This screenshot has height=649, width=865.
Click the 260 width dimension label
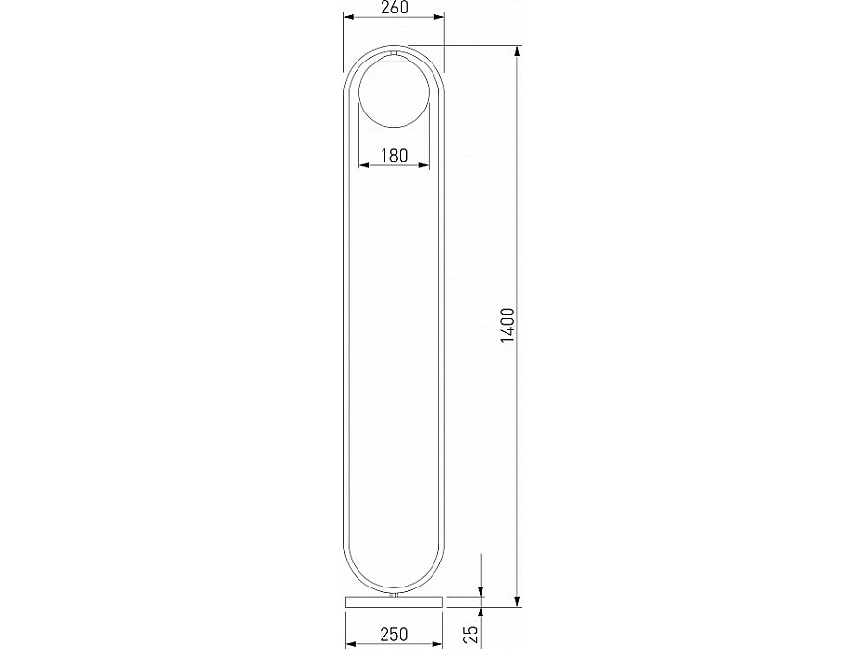(x=394, y=8)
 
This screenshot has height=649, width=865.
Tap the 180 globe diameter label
(x=394, y=156)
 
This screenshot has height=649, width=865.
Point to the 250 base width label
(x=394, y=635)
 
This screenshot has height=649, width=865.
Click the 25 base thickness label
(x=471, y=635)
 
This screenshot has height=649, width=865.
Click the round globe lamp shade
(x=394, y=92)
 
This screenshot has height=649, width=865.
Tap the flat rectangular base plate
(x=394, y=601)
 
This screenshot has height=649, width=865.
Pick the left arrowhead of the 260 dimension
(x=349, y=17)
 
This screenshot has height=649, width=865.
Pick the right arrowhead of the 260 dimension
(x=438, y=17)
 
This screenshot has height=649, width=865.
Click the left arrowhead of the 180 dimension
(x=364, y=165)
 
